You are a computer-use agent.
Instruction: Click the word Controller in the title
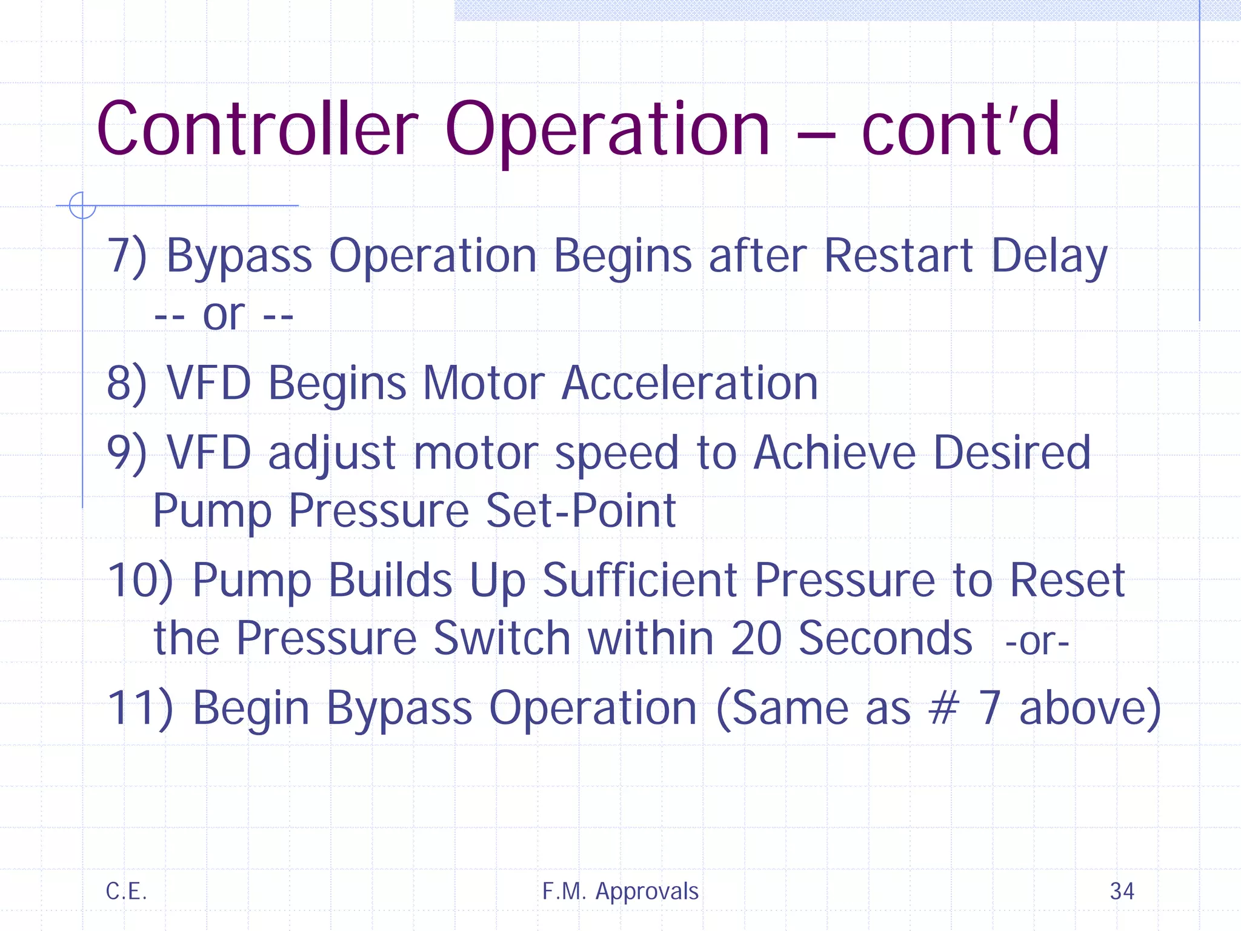click(x=258, y=129)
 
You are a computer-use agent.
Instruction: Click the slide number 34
click(x=1122, y=891)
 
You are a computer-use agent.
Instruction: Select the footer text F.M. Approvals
click(x=620, y=891)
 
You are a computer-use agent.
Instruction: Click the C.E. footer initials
click(x=126, y=891)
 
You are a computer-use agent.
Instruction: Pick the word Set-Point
click(x=581, y=510)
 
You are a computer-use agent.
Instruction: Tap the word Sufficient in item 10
click(x=639, y=580)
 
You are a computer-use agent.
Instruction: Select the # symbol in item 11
click(x=943, y=707)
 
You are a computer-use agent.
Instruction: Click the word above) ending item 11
click(x=1090, y=707)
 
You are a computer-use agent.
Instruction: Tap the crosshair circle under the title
click(x=82, y=205)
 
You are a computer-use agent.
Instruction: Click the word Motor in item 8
click(x=484, y=383)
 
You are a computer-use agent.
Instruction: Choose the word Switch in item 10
click(x=502, y=638)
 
